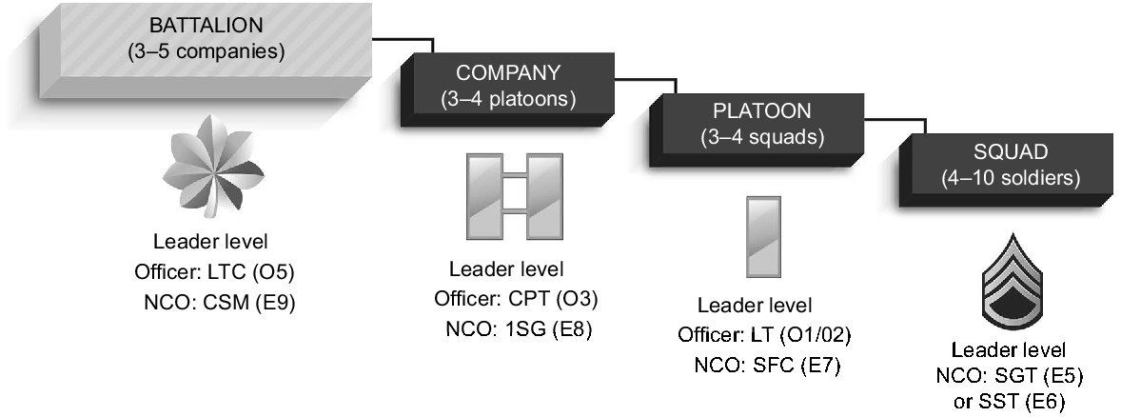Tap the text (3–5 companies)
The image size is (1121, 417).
pos(206,50)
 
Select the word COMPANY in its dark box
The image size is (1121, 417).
pos(508,73)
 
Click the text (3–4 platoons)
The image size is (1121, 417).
pos(508,99)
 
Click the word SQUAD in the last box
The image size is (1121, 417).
pos(1010,151)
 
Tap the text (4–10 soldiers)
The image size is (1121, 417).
pos(1010,177)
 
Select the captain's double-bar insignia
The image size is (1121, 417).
pos(514,197)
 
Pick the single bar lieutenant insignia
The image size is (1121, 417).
pos(764,236)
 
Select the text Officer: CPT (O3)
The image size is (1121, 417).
pos(516,299)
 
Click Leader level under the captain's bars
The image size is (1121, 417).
pos(506,269)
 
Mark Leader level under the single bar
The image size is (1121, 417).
pos(755,306)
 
